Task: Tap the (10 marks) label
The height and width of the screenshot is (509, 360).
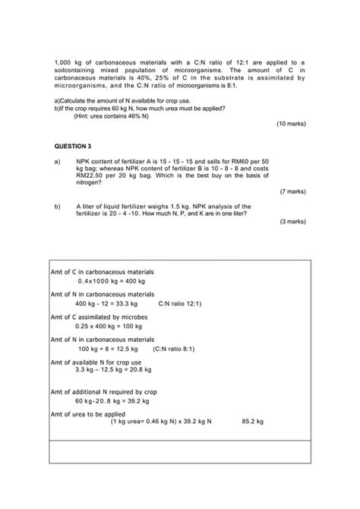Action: coord(291,122)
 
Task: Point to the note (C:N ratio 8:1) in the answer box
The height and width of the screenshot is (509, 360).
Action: coord(174,349)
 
